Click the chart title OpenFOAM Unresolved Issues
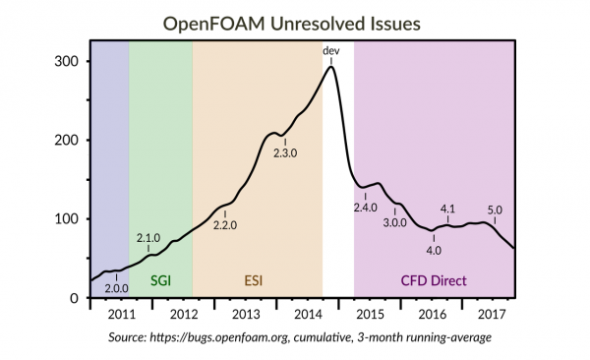[x=295, y=19]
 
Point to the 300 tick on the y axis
[x=65, y=61]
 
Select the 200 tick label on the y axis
[x=65, y=140]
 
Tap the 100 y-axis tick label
[x=65, y=218]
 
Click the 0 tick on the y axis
[x=73, y=297]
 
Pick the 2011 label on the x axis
[x=121, y=316]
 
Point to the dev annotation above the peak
[x=331, y=49]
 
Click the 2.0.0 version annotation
[x=117, y=288]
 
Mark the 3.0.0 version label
[x=394, y=223]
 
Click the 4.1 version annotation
[x=446, y=209]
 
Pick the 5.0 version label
[x=495, y=209]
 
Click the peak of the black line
[x=331, y=66]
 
